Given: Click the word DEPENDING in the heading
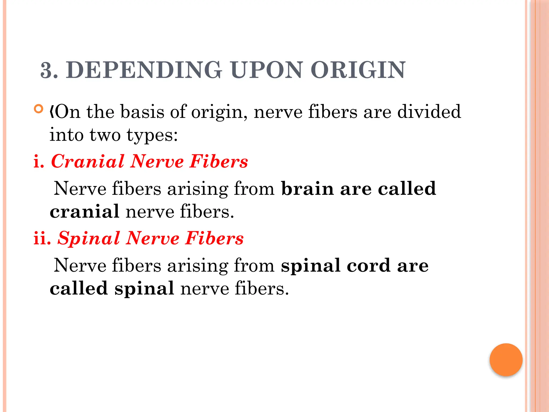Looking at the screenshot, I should click(x=144, y=70).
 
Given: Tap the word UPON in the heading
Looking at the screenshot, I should click(x=266, y=70).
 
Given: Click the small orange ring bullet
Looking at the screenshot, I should click(x=39, y=109).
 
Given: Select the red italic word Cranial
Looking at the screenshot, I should click(x=88, y=161).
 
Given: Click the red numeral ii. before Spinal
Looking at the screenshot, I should click(x=42, y=238).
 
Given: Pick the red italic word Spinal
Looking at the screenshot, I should click(x=89, y=238).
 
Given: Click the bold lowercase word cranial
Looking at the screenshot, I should click(x=84, y=212).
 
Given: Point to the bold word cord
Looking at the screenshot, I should click(x=368, y=266).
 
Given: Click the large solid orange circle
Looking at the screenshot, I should click(x=506, y=360).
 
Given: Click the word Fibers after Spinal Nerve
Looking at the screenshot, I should click(x=214, y=238).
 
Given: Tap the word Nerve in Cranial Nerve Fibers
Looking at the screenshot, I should click(x=157, y=161).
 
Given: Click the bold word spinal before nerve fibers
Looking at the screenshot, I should click(x=144, y=289).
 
